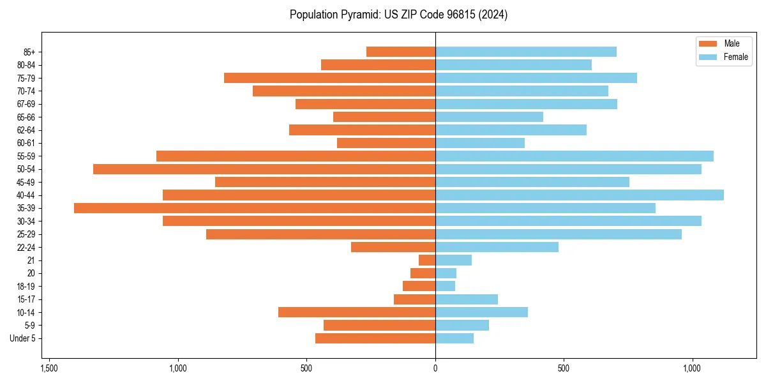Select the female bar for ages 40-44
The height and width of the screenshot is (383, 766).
[579, 195]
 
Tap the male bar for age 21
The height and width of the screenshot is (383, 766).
[427, 260]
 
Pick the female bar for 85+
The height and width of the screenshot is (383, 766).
[525, 52]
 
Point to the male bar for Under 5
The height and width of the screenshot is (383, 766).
[375, 338]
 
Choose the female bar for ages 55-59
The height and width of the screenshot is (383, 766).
[574, 156]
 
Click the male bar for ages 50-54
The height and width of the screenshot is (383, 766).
[264, 169]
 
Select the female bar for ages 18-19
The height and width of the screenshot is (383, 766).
[445, 286]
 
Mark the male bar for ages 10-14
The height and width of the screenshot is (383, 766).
[357, 312]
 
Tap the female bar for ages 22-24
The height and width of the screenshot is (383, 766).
[497, 247]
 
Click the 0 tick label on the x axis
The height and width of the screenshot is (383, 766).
[435, 368]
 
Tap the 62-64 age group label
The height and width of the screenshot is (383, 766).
[26, 130]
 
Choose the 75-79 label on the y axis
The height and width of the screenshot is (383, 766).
[26, 78]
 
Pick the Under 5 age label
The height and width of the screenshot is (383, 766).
[23, 338]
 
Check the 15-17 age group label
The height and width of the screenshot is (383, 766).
[26, 299]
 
